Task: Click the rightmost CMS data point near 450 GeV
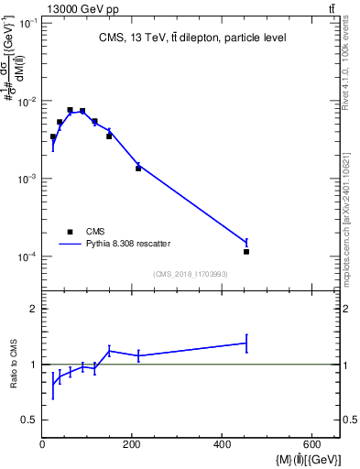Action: tap(246, 251)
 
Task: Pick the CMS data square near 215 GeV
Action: tap(138, 169)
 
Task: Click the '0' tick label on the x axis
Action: tap(42, 444)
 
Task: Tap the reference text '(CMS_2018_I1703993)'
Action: tap(191, 274)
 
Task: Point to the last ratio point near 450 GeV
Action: tap(246, 343)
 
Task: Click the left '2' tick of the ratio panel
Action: tap(34, 309)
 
